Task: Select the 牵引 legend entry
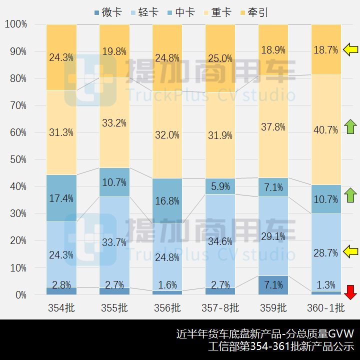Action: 255,12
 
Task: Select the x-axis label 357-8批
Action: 220,307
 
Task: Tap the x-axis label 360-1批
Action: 326,307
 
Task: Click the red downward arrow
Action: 351,292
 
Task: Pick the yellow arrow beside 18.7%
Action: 351,49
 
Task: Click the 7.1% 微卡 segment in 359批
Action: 273,285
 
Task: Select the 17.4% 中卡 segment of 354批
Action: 61,198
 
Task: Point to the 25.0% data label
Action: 220,58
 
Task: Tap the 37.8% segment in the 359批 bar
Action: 273,127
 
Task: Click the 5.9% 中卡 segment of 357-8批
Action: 220,186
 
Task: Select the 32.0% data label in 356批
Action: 167,134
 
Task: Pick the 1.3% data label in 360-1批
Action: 326,285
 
